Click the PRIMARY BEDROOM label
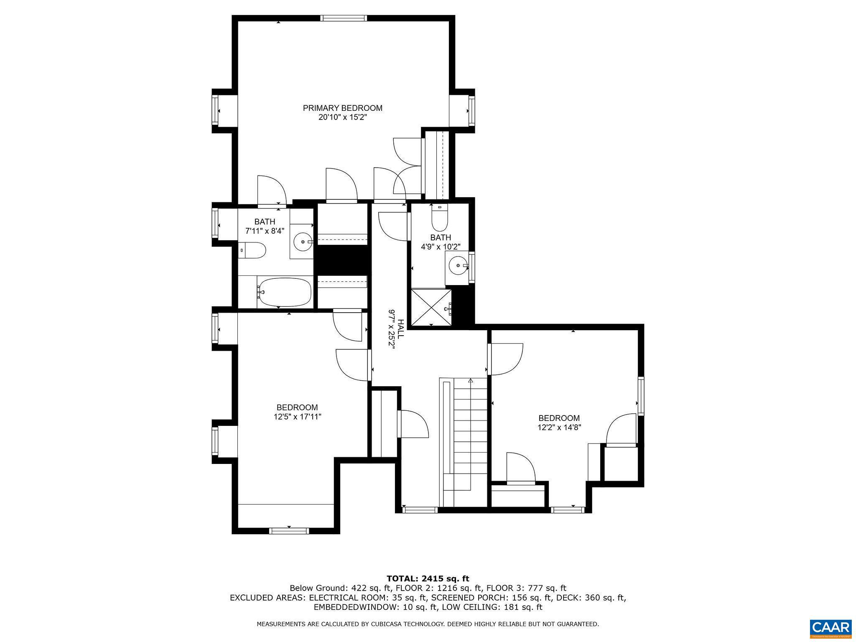coord(342,108)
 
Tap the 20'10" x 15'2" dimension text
coord(342,117)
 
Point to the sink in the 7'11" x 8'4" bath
coord(303,241)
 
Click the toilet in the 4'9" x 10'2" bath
coord(439,218)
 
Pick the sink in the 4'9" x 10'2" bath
coord(458,265)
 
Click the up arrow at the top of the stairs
coord(471,381)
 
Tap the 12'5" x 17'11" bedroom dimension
coord(297,417)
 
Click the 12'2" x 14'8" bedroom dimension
coord(559,427)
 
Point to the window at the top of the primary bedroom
coord(344,18)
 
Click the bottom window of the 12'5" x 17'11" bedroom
coord(289,531)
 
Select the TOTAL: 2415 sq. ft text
coord(428,578)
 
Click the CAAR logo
coord(831,628)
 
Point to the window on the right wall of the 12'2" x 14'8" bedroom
coord(641,396)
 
